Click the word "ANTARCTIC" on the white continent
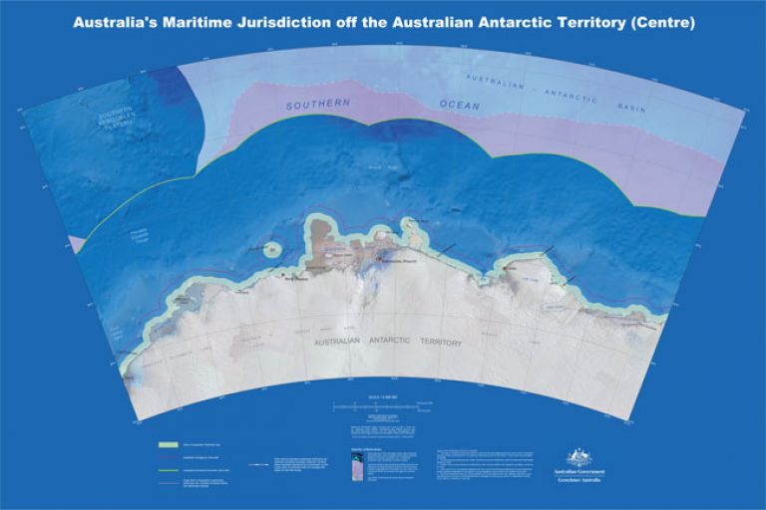(372, 343)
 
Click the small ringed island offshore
(269, 248)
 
